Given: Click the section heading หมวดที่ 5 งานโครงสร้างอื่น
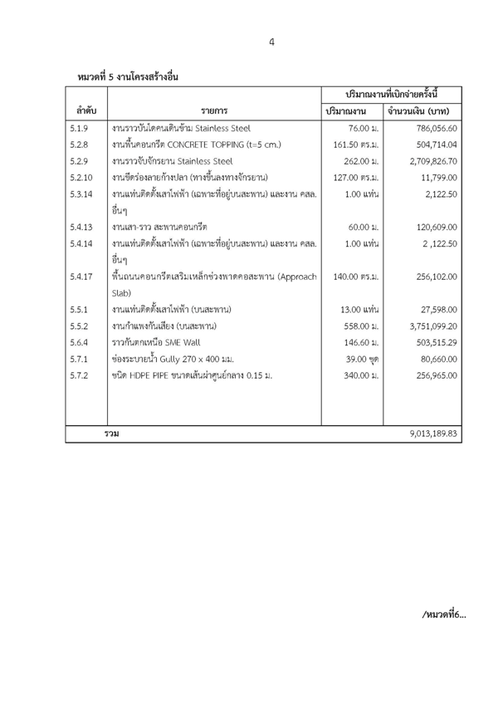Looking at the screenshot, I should pos(128,76).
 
